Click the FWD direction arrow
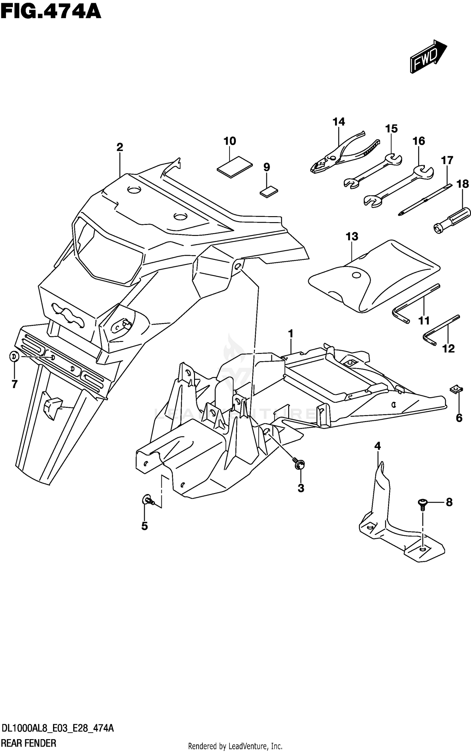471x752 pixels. click(427, 57)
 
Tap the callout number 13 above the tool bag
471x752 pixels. click(352, 237)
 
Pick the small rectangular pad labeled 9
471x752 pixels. click(269, 191)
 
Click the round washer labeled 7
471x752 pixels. click(14, 356)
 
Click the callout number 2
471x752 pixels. click(120, 147)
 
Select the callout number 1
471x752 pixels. click(290, 333)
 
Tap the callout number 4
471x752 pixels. click(377, 446)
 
